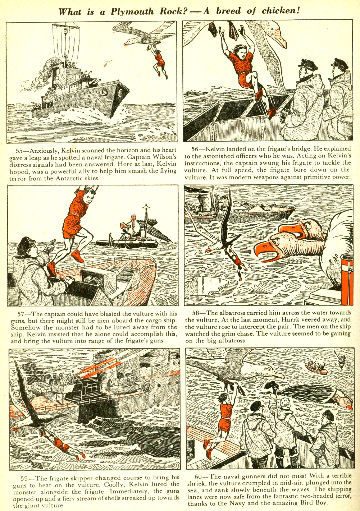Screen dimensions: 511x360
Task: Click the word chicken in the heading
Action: (280, 11)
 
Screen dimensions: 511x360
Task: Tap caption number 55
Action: (20, 151)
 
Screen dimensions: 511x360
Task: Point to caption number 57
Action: (22, 314)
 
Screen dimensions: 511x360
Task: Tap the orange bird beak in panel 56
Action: (279, 38)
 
